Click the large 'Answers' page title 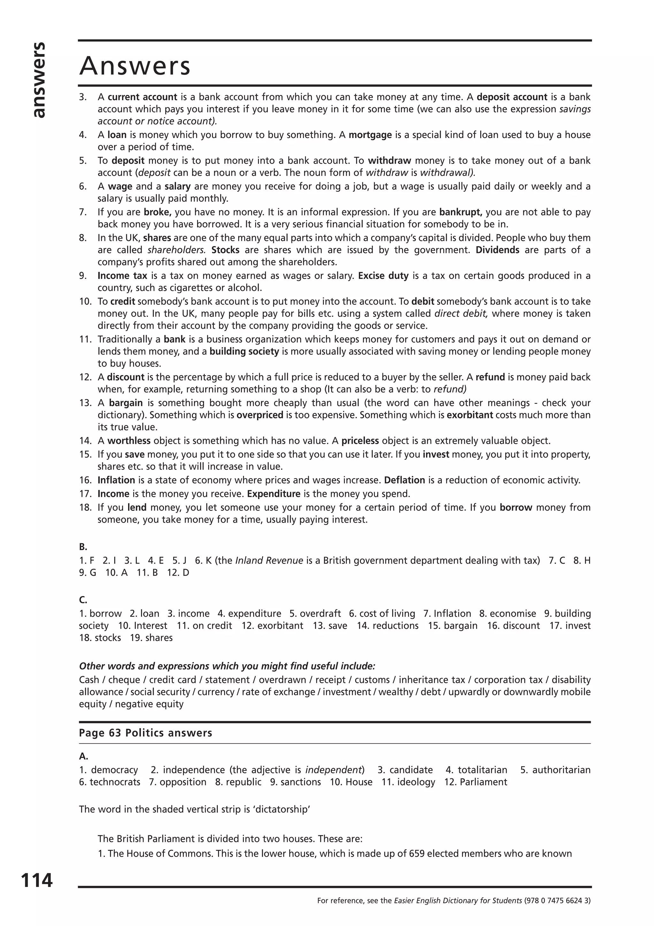pyautogui.click(x=134, y=66)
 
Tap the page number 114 pyautogui.click(x=37, y=880)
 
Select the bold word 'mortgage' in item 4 pyautogui.click(x=370, y=135)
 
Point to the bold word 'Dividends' pyautogui.click(x=497, y=250)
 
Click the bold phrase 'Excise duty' pyautogui.click(x=383, y=276)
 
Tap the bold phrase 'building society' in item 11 pyautogui.click(x=244, y=351)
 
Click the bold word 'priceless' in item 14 pyautogui.click(x=360, y=441)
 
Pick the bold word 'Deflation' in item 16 pyautogui.click(x=404, y=480)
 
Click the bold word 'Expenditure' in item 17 pyautogui.click(x=274, y=494)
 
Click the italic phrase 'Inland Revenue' pyautogui.click(x=269, y=560)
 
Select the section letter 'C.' pyautogui.click(x=83, y=600)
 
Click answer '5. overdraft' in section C pyautogui.click(x=315, y=614)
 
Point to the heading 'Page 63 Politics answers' pyautogui.click(x=146, y=733)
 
